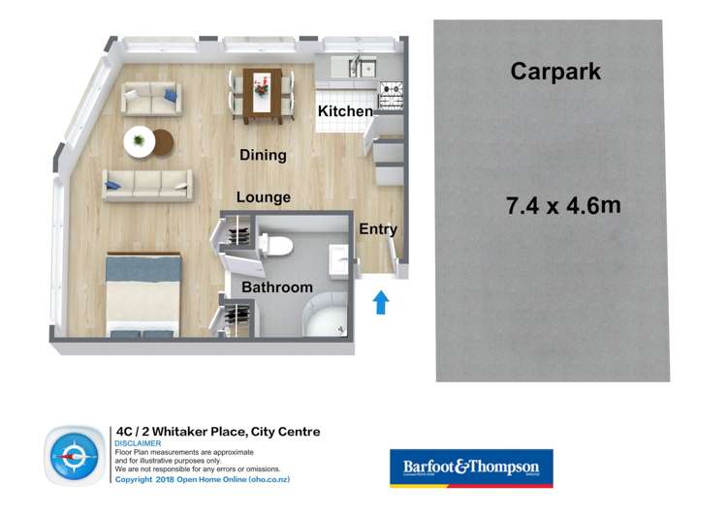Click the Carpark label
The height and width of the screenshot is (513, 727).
click(x=555, y=72)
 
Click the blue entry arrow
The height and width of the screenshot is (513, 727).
click(x=381, y=303)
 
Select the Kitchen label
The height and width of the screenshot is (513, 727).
click(x=345, y=111)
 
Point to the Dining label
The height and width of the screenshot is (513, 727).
click(x=263, y=155)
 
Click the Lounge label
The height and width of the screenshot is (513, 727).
click(x=264, y=197)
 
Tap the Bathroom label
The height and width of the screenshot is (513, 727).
click(x=277, y=287)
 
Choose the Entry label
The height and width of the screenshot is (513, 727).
click(x=378, y=229)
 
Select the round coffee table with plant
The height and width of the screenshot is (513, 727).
click(x=141, y=141)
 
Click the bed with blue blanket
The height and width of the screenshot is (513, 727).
click(x=142, y=293)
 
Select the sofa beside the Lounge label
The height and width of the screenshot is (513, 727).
click(x=147, y=184)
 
